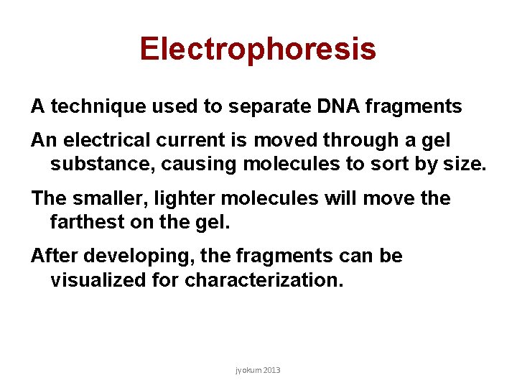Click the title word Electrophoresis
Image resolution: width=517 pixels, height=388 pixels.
258,49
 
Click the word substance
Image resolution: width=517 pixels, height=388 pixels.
103,164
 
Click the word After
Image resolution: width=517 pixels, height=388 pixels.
51,256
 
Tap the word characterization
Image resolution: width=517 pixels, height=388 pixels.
264,280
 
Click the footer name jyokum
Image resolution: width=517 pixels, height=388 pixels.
248,371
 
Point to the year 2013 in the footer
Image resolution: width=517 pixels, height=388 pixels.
272,370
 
